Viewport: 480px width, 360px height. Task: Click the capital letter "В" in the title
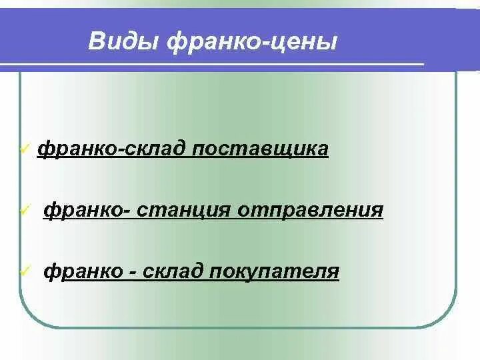coord(97,43)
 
